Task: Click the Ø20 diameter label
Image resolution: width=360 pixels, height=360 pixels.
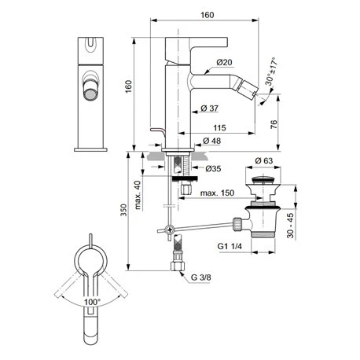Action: click(x=223, y=63)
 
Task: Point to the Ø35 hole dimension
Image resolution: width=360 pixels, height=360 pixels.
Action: click(x=213, y=168)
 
